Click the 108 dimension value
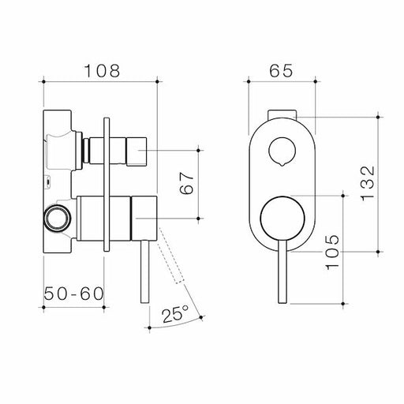pyautogui.click(x=103, y=69)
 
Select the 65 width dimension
pyautogui.click(x=281, y=69)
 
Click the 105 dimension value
pyautogui.click(x=333, y=251)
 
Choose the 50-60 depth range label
pyautogui.click(x=73, y=294)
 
